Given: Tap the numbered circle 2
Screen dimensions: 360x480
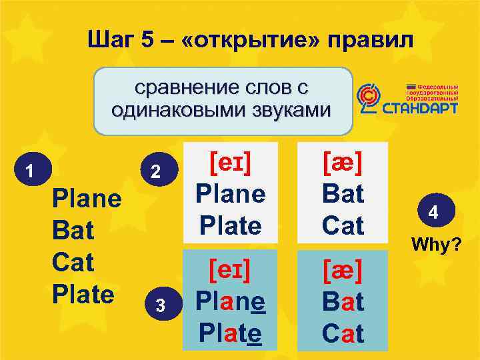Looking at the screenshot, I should click(155, 171).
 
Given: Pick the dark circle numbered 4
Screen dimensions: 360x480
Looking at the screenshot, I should click(433, 213).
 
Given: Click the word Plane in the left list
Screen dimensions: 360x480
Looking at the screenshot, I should click(87, 199).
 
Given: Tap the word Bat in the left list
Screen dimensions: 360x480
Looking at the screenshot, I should click(73, 231).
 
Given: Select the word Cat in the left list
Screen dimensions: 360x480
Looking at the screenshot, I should click(73, 262).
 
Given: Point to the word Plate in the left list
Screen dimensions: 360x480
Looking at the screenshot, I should click(83, 293).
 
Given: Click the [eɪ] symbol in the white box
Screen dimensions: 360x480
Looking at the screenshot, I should click(230, 162).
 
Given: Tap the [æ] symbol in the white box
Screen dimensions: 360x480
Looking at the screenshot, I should click(343, 162).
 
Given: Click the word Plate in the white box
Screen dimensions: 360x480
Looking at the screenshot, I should click(230, 225).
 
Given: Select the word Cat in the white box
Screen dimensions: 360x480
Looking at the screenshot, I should click(343, 225).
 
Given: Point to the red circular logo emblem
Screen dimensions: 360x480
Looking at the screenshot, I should click(367, 99).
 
